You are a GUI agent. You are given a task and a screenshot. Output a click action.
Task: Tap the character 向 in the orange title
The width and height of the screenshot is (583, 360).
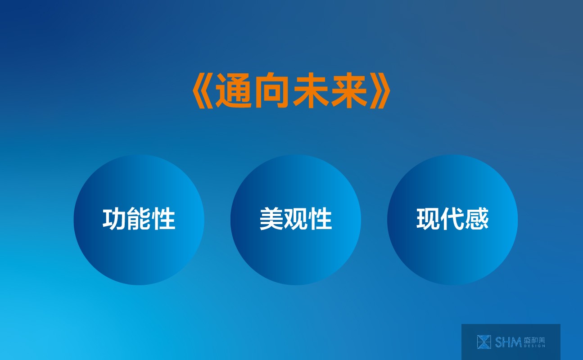(272, 90)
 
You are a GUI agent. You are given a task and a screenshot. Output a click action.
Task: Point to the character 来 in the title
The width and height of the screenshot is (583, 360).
(349, 90)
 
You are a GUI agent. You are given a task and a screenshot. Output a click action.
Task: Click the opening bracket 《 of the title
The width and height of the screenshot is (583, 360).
(203, 90)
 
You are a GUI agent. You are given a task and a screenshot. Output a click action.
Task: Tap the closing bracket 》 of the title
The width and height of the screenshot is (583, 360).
(380, 90)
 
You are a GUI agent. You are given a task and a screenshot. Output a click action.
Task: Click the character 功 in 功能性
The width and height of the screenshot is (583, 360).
(114, 219)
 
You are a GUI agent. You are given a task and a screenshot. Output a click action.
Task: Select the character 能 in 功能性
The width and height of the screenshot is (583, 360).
(139, 219)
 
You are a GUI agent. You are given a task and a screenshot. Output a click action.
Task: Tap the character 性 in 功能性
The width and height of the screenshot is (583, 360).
(163, 219)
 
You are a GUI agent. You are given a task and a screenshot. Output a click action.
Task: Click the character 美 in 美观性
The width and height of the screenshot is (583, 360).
(271, 219)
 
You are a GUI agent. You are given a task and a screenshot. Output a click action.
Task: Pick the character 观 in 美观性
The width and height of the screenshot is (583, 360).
(296, 219)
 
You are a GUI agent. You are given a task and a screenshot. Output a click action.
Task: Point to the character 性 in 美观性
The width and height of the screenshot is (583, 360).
(320, 219)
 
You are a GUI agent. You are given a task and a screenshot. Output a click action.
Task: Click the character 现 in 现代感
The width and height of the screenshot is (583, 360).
(428, 219)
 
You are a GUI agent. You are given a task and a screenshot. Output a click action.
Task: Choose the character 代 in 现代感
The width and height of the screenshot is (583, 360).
(452, 219)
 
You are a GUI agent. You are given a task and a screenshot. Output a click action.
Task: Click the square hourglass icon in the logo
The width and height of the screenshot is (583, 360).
(484, 342)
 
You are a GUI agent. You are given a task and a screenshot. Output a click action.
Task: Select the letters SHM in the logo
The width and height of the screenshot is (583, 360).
(508, 342)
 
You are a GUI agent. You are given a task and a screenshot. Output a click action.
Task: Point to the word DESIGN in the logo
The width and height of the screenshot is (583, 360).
(534, 346)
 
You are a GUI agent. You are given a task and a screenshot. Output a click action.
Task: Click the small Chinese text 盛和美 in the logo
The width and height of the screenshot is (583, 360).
(534, 340)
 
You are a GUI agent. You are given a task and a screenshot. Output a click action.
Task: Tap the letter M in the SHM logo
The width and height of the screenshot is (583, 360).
(516, 342)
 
